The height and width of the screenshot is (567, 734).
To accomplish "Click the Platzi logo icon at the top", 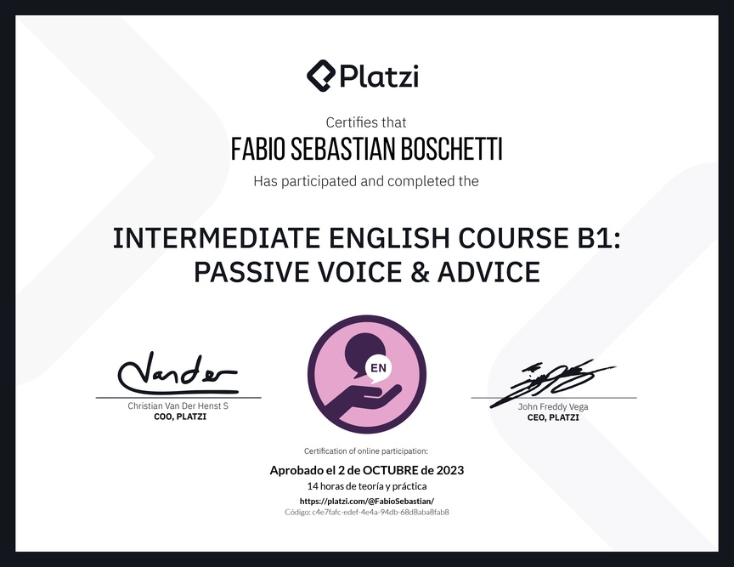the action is [321, 76].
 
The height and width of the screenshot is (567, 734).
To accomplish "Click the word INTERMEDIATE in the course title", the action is [217, 237].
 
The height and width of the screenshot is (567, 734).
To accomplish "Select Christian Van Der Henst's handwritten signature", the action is [178, 373].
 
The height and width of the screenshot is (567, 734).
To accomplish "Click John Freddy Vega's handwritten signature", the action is [552, 383].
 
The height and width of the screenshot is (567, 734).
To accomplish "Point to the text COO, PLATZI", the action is [180, 417].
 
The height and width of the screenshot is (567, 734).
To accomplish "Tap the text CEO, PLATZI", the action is [553, 417].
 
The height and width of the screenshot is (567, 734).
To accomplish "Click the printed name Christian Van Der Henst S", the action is [178, 405].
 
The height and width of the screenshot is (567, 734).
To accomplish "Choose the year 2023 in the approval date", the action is [450, 470].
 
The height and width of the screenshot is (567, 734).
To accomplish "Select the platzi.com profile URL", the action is [367, 501].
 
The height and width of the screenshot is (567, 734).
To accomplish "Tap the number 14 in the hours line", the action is [313, 486].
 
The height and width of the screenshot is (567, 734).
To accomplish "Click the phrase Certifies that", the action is [366, 122].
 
